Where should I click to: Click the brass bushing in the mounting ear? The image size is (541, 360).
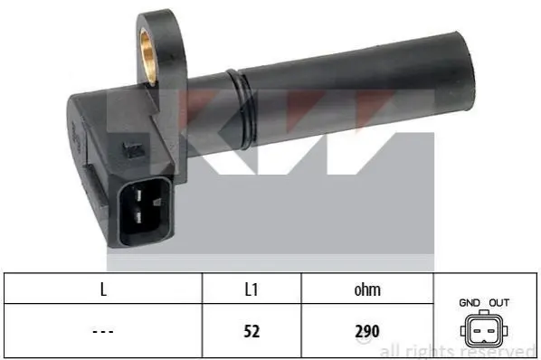147,57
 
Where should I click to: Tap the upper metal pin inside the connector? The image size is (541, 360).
138,194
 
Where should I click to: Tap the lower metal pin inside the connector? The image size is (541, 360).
138,218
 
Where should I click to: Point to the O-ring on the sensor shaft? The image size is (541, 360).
242,109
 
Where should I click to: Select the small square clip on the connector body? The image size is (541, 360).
133,149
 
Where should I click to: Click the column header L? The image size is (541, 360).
103,289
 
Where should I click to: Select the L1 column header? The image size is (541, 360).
252,289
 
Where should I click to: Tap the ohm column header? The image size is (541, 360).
367,290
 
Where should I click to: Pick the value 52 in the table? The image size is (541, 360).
252,331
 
